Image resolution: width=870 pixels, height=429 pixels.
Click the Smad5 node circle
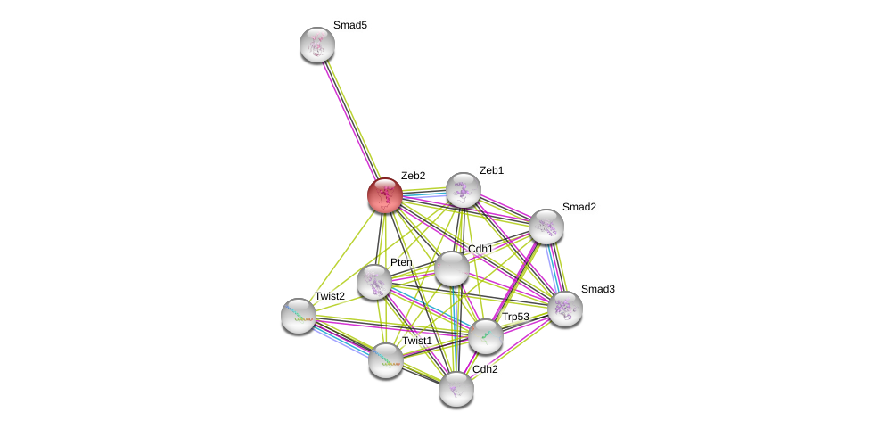point(317,45)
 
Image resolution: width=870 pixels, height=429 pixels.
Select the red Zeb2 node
point(385,195)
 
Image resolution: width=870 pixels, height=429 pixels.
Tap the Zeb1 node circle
point(463,190)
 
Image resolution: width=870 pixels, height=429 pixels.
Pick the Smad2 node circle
point(546,227)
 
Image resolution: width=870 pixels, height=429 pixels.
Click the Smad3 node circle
point(565,309)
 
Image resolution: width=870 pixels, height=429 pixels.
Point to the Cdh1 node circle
point(452,268)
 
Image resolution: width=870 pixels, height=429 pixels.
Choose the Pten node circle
point(374,282)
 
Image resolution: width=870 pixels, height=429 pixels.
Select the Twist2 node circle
point(299,316)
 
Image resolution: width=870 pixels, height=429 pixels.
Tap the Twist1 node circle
point(386,360)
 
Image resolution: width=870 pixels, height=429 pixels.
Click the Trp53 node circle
point(486,335)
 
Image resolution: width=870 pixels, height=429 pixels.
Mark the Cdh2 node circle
point(456,389)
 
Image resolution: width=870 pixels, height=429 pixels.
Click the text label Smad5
point(349,25)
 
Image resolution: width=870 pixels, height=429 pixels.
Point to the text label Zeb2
point(413,176)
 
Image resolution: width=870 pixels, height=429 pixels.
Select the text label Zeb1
point(491,170)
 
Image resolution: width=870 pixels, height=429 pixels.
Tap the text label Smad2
point(579,207)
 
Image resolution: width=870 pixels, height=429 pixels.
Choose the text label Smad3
point(597,289)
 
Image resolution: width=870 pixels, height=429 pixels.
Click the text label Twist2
point(329,296)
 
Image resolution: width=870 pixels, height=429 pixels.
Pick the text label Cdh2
point(485,369)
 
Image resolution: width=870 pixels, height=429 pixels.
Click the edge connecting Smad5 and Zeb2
point(351,120)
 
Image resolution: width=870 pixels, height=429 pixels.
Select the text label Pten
point(401,262)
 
